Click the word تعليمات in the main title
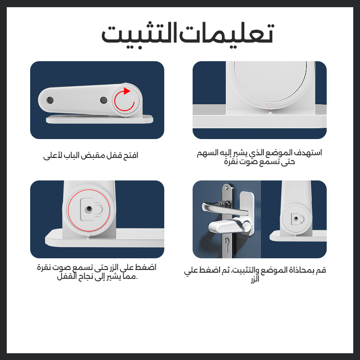coord(227,34)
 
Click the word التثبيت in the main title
coord(139,35)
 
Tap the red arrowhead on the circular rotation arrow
coord(126,91)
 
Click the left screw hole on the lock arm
coord(50,100)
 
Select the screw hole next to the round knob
coord(103,100)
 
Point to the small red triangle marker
coord(270,106)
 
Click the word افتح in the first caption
coord(130,155)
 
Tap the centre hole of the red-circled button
coord(89,209)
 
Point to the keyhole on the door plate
coord(227,243)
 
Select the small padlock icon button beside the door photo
coord(296,219)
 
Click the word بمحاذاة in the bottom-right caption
coord(298,270)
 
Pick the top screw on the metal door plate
coord(227,188)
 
